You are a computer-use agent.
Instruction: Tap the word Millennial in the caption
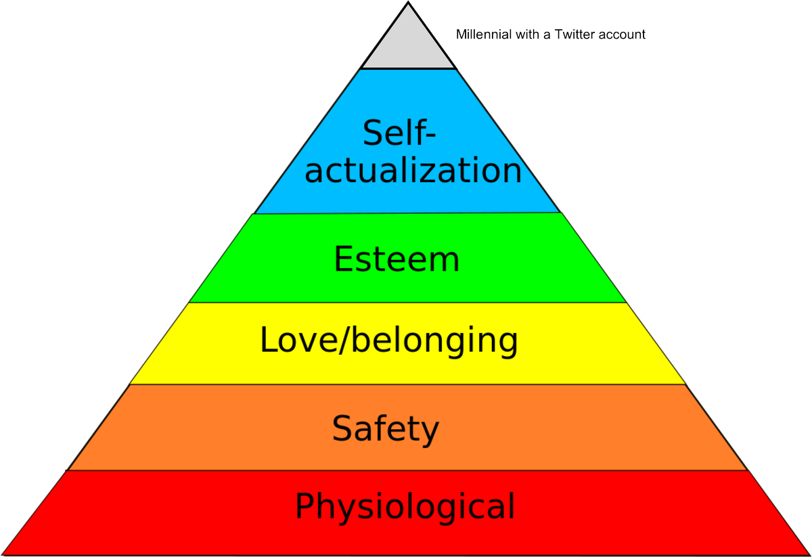tap(482, 35)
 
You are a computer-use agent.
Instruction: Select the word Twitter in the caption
tap(572, 35)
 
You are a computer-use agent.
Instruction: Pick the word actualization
tap(413, 170)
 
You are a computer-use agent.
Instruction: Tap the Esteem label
tap(397, 260)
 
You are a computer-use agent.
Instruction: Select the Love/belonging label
tap(389, 341)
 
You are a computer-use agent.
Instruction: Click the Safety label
tap(386, 429)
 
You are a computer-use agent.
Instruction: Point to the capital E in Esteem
tap(344, 260)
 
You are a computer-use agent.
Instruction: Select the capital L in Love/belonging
tap(269, 340)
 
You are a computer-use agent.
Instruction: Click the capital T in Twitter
tap(558, 35)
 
